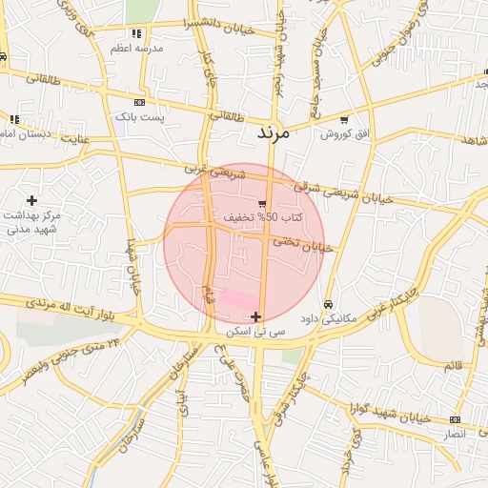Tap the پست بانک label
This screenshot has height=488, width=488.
coord(140,116)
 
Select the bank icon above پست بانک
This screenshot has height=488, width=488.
coord(140,102)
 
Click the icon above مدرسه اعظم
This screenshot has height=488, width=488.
coord(149,33)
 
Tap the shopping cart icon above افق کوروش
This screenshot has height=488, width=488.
coord(343,120)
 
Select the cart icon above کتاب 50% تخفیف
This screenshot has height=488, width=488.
coord(262,203)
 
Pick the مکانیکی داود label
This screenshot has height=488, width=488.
coord(327,318)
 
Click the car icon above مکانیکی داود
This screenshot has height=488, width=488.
coord(328,304)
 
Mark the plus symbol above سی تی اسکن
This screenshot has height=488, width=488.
coord(255,316)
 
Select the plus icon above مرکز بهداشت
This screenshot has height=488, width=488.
coord(32,200)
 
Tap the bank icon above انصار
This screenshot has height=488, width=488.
coord(455,419)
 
